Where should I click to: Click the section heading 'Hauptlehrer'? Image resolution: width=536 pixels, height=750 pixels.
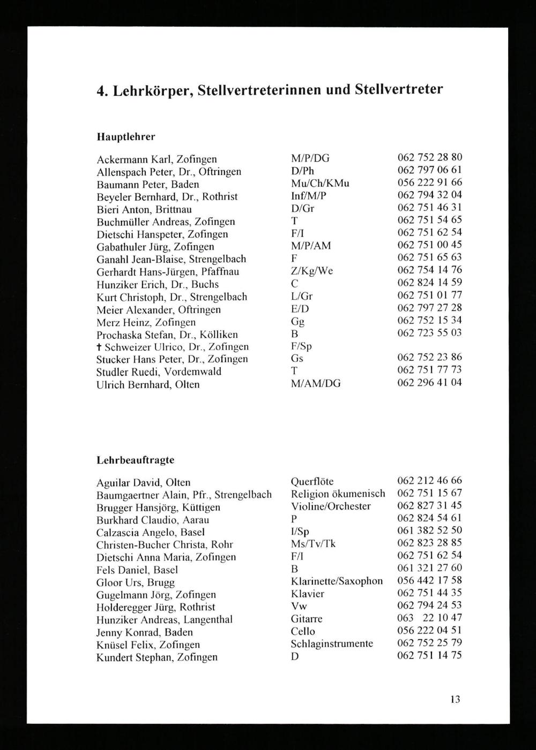(125, 137)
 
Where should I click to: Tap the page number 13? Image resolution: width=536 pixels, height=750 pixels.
(455, 699)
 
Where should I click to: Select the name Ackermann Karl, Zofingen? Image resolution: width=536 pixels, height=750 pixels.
(157, 159)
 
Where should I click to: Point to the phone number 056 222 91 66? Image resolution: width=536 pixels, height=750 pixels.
(429, 183)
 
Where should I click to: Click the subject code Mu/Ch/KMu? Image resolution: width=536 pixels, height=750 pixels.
(319, 183)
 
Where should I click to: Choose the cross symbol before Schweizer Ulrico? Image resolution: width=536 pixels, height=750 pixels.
(100, 347)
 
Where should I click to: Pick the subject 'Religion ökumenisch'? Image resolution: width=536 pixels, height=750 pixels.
(338, 494)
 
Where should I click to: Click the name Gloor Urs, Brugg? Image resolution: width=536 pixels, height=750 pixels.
(136, 582)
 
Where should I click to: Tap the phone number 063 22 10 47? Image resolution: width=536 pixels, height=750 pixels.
(429, 618)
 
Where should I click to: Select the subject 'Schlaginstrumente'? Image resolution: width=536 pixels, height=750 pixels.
(332, 643)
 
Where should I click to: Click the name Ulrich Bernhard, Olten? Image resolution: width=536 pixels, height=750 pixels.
(148, 384)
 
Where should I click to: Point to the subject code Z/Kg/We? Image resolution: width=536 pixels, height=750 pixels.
(311, 271)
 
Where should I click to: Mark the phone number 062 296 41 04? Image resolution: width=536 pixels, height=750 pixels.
(429, 383)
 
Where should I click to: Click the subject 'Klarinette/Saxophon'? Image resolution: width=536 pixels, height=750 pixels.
(337, 581)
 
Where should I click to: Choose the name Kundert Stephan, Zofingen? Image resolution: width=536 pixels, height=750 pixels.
(157, 657)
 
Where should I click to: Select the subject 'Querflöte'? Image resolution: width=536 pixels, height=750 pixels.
(312, 481)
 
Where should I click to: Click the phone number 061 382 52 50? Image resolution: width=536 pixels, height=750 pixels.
(429, 531)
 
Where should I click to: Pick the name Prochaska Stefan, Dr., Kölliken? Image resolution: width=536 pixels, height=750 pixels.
(167, 335)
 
